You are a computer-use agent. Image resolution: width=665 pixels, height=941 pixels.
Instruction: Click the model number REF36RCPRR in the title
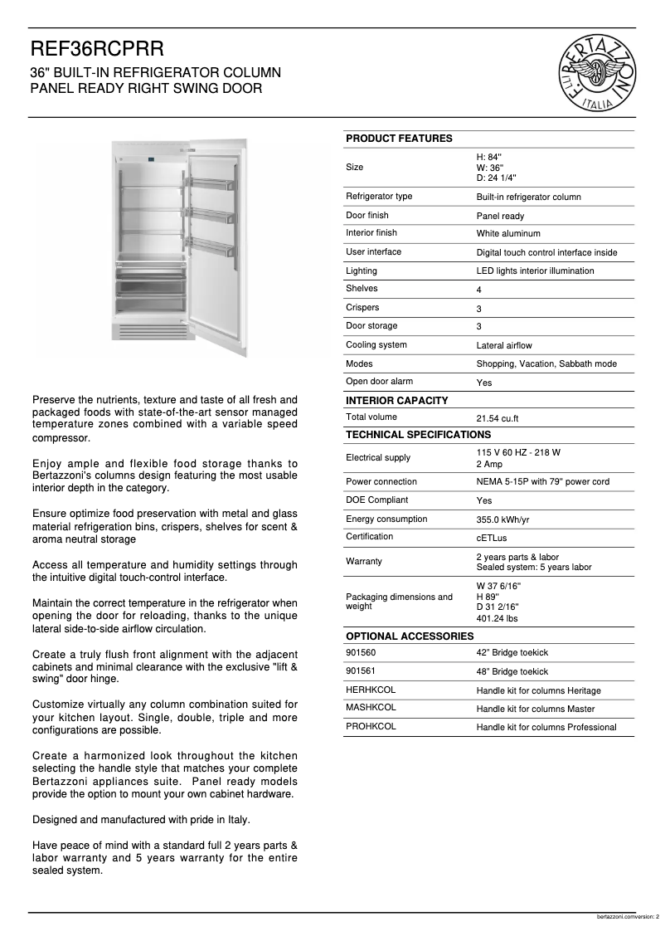91,51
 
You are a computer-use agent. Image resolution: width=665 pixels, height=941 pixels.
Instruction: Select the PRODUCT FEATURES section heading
399,139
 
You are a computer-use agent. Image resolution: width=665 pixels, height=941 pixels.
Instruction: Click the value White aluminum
507,234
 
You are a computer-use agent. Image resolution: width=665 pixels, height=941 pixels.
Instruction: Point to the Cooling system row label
376,344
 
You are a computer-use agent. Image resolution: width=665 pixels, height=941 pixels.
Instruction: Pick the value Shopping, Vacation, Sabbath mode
546,364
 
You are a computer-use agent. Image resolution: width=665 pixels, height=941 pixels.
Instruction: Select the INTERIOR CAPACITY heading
396,401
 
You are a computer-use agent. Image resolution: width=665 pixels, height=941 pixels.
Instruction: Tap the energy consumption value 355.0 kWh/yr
502,519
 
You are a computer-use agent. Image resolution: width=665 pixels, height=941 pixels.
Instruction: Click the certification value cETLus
491,539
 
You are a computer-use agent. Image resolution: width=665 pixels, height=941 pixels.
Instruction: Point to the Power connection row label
381,481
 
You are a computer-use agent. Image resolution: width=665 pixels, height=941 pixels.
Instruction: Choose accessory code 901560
360,652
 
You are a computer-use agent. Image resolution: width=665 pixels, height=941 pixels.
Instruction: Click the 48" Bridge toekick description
512,672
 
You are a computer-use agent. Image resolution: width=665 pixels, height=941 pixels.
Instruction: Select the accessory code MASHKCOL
371,708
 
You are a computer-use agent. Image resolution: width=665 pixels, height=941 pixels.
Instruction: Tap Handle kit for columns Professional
546,728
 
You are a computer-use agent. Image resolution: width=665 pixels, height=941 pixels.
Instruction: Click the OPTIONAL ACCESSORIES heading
409,636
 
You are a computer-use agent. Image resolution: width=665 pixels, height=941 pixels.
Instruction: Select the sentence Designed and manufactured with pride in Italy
141,820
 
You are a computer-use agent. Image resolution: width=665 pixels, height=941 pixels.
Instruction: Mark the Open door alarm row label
379,382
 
